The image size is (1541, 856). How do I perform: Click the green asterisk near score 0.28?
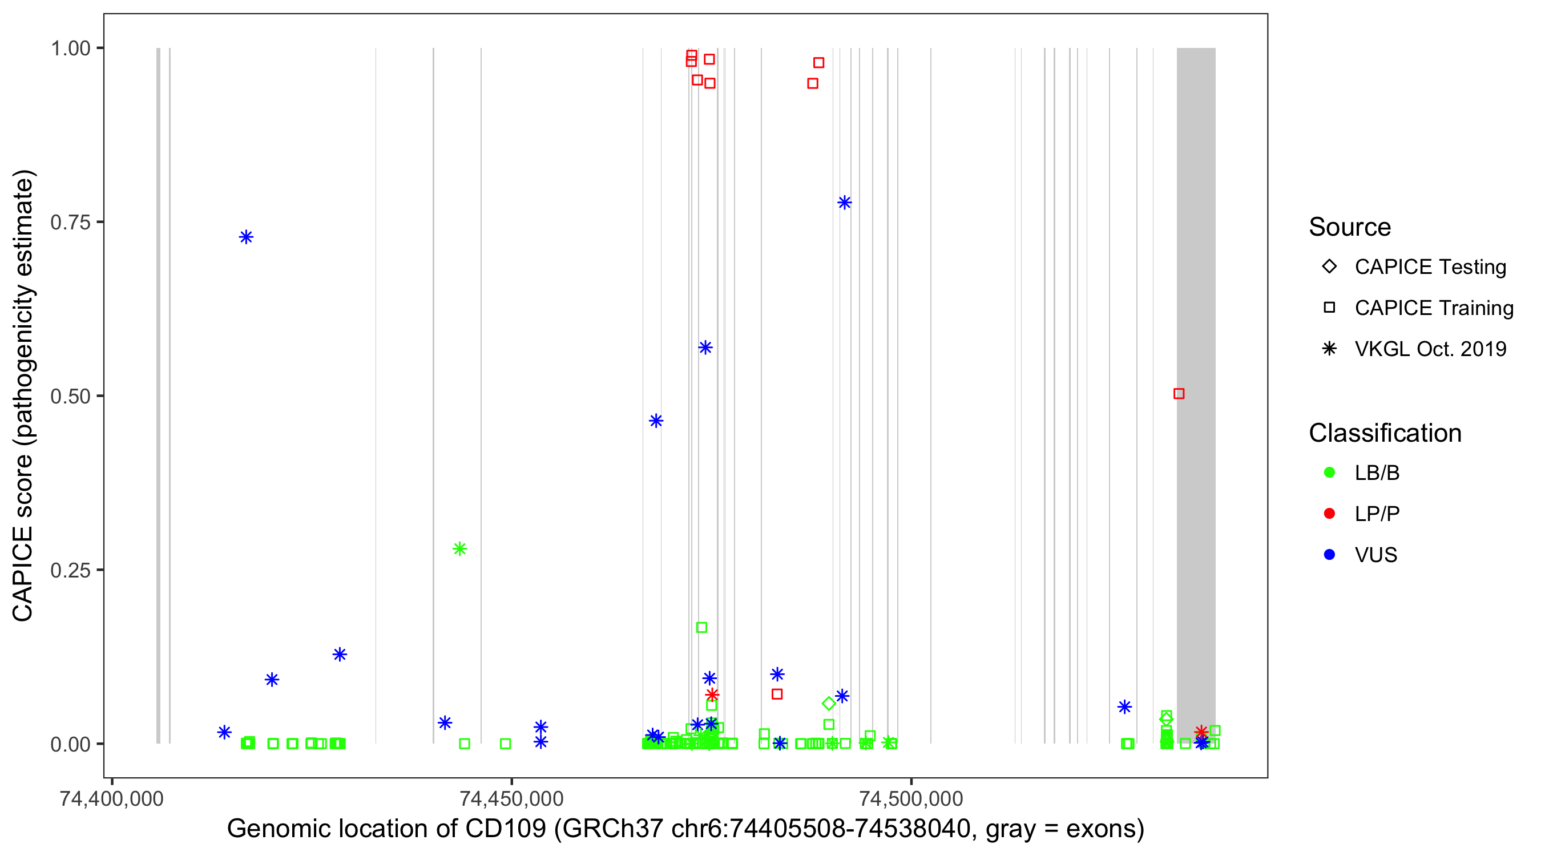point(459,548)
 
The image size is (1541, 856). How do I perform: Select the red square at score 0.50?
point(1179,394)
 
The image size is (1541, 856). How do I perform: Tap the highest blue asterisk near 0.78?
point(844,203)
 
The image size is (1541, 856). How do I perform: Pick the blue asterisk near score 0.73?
point(246,237)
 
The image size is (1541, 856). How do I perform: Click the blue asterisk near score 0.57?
point(705,348)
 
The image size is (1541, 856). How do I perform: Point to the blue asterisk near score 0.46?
point(656,421)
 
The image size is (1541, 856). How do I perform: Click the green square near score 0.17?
point(701,628)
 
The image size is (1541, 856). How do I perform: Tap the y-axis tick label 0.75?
point(70,222)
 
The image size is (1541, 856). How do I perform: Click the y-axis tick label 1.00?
point(70,48)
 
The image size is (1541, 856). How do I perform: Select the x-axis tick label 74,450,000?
point(511,798)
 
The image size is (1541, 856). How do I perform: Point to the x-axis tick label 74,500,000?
point(911,798)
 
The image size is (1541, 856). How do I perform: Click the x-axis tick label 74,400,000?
point(112,798)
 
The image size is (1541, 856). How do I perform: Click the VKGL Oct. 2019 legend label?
point(1430,349)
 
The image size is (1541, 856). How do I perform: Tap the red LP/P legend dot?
point(1329,514)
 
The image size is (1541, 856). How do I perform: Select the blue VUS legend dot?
point(1329,555)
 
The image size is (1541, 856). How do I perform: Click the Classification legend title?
point(1385,433)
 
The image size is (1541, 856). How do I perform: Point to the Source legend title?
point(1350,227)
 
